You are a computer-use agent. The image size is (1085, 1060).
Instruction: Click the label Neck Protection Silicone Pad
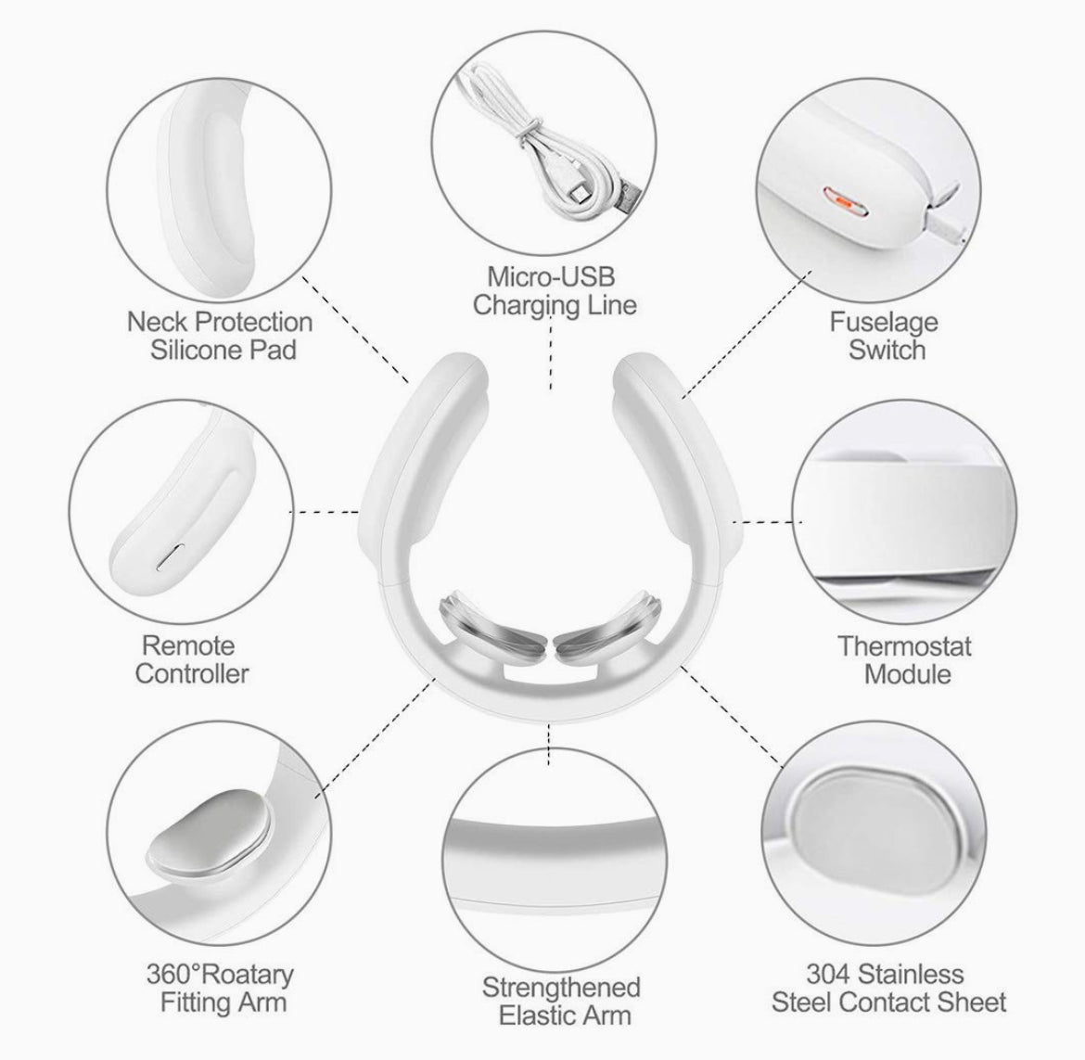(x=220, y=336)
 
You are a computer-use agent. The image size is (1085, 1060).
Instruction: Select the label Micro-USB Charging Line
(x=554, y=290)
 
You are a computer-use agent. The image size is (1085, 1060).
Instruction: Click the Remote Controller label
(x=192, y=658)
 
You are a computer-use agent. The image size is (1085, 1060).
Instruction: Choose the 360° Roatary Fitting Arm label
(x=220, y=987)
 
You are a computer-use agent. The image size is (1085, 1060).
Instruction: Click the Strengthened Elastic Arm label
(x=561, y=1000)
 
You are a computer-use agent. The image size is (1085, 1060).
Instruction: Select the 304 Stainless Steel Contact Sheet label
(x=889, y=987)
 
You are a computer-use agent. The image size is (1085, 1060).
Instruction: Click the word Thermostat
(x=905, y=645)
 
